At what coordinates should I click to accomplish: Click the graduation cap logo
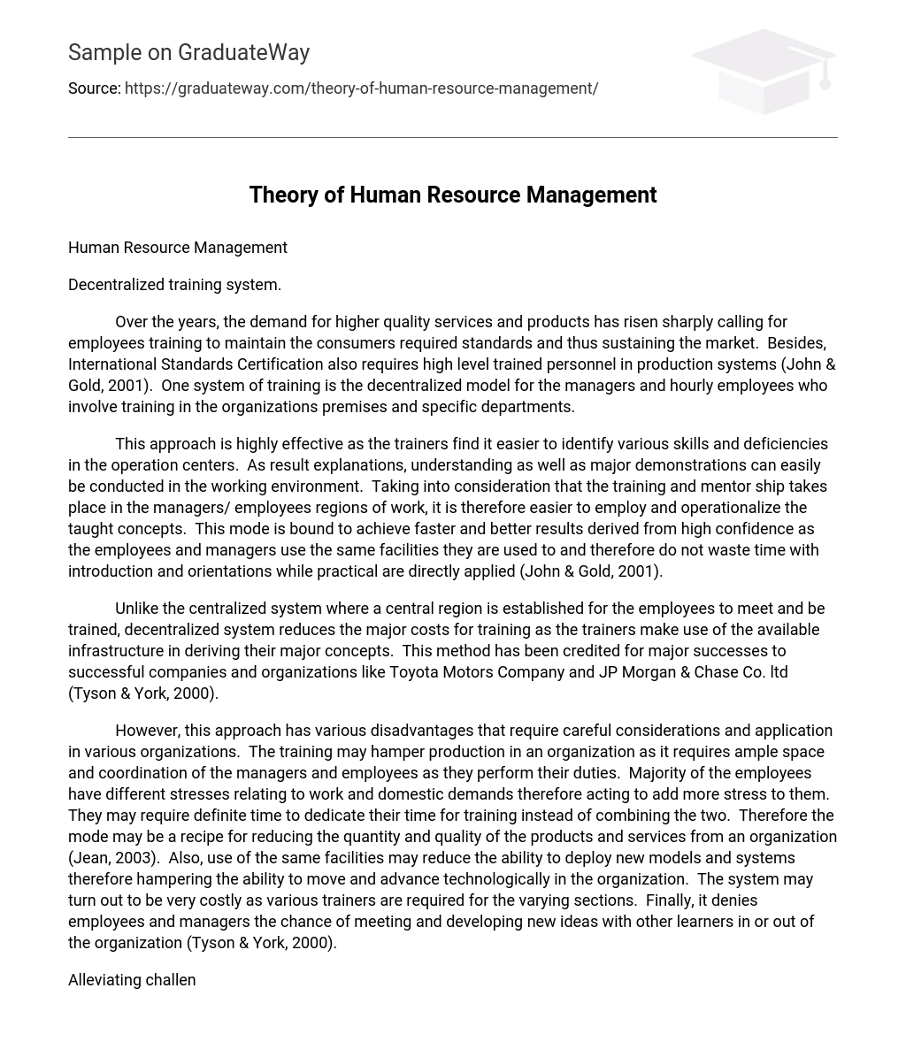click(763, 71)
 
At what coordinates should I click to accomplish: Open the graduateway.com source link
click(361, 88)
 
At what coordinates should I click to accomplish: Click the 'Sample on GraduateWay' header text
click(188, 53)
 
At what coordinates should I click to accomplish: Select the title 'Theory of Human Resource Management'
click(452, 195)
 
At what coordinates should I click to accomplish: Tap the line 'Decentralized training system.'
click(174, 285)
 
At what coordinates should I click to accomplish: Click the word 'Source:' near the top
click(94, 88)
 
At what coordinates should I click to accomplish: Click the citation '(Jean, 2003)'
click(114, 858)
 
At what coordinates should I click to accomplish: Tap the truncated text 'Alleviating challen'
click(132, 980)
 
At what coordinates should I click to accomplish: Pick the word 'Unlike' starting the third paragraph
click(137, 609)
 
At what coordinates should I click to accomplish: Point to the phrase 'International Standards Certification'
click(196, 364)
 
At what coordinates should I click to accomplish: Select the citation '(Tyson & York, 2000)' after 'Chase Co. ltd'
click(143, 693)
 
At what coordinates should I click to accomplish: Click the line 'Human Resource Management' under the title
click(177, 248)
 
